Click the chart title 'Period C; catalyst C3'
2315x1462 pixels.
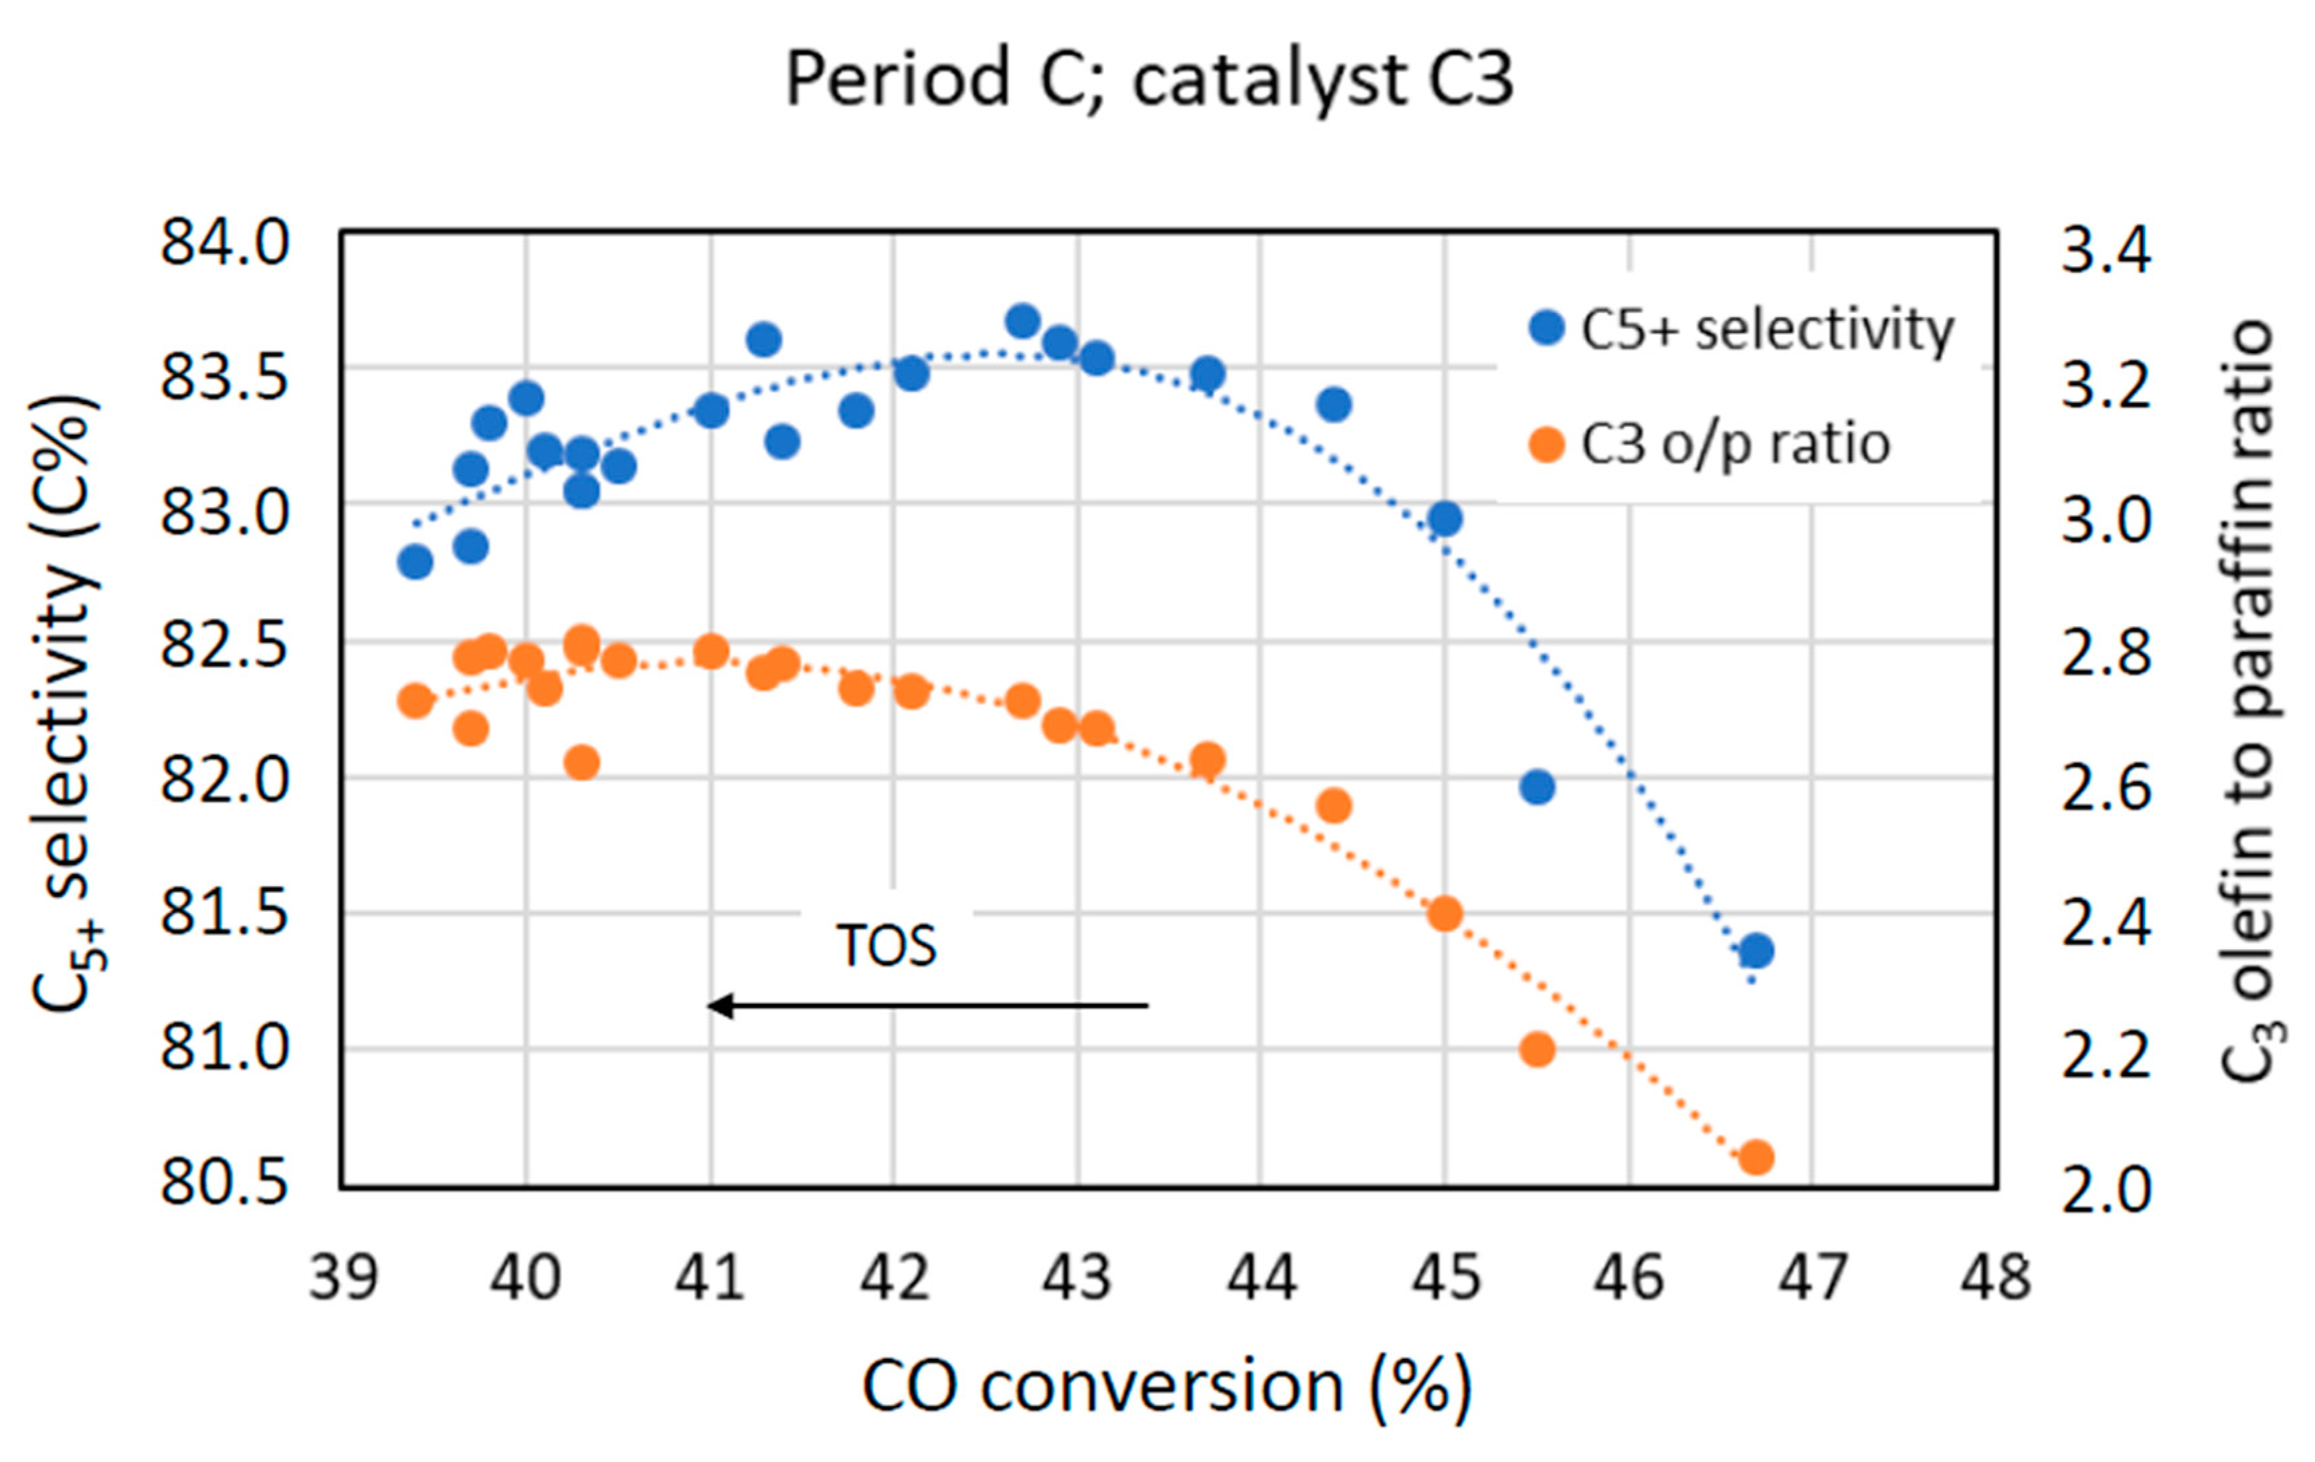(x=1149, y=79)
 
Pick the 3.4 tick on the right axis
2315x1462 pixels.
(x=2106, y=252)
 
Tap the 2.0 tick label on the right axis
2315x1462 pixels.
(x=2106, y=1192)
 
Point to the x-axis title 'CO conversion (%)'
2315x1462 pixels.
(x=1166, y=1386)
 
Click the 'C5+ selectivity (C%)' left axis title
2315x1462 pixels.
(x=66, y=702)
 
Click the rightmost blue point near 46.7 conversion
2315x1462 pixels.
(x=1756, y=950)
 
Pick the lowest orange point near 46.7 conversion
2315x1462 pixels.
(x=1756, y=1157)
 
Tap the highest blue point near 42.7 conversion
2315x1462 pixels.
(x=1023, y=321)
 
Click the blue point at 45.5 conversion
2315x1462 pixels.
(x=1538, y=787)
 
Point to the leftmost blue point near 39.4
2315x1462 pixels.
(x=415, y=561)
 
